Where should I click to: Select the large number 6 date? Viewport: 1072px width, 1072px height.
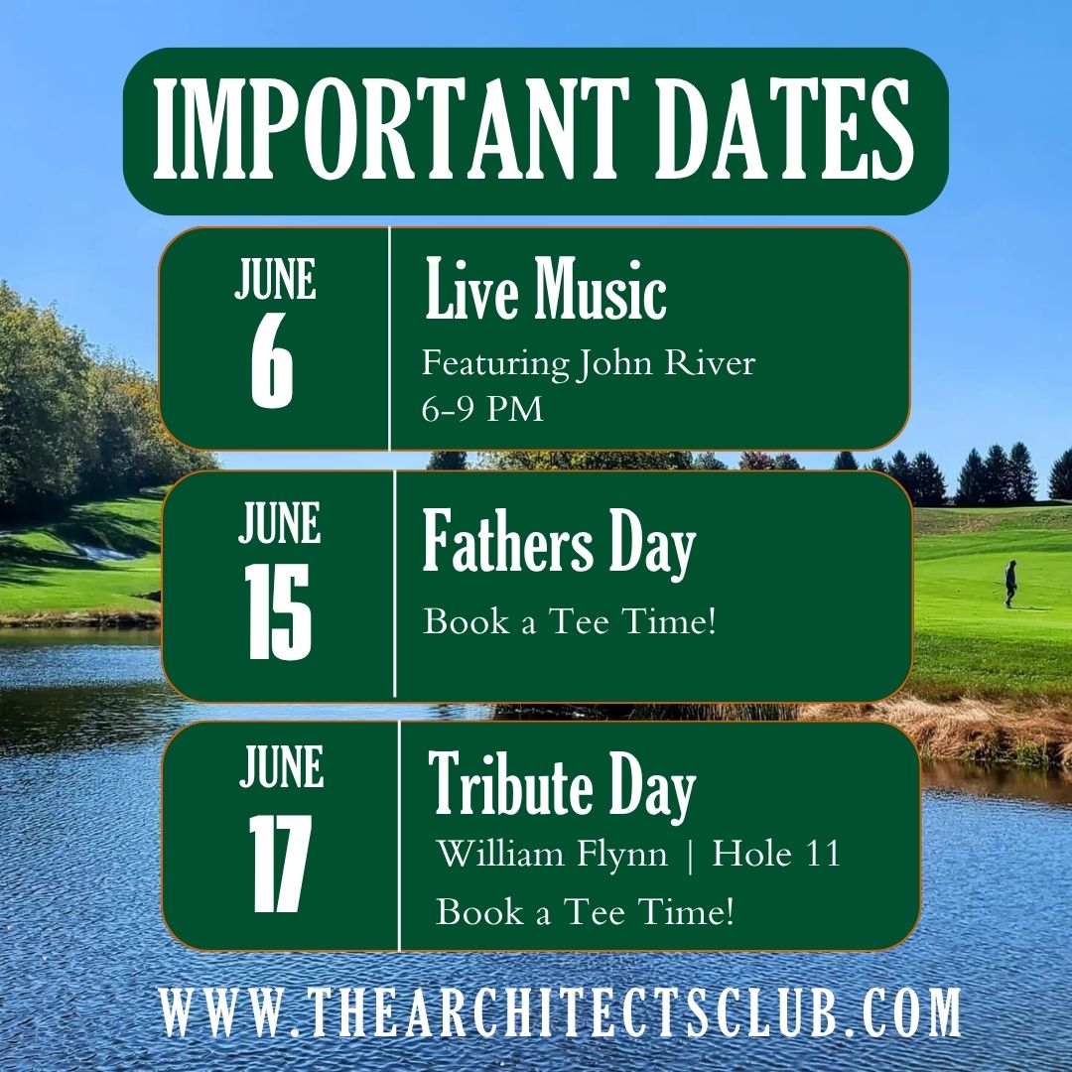271,363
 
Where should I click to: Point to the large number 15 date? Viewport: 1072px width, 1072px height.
279,611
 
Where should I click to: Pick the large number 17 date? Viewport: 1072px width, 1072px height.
279,863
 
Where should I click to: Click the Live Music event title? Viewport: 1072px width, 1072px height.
546,289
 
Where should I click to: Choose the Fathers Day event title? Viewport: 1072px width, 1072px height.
559,543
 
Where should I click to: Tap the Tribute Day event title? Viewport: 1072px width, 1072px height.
562,785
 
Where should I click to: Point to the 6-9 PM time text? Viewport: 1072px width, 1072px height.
482,409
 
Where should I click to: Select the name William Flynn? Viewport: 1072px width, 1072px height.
552,855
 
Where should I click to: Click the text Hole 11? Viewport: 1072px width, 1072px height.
776,854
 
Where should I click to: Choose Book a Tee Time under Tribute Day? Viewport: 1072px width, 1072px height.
586,911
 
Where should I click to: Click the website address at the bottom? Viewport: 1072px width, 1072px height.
561,1010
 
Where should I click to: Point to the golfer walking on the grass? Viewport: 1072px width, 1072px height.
1010,584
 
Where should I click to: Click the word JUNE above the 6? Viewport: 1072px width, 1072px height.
276,279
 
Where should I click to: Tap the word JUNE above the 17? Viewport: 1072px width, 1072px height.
282,766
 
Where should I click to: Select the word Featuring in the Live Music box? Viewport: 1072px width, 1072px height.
495,363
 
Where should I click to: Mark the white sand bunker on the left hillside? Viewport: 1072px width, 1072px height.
102,551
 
